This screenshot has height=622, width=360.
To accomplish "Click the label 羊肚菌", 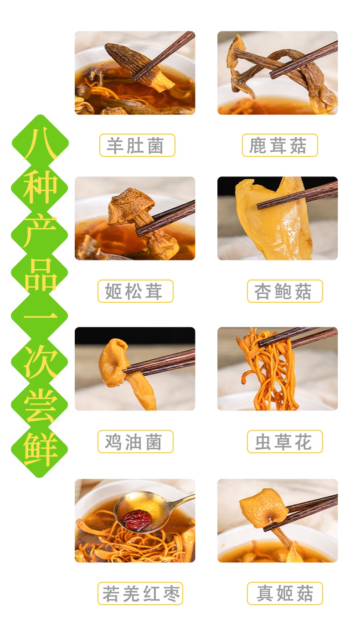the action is [x=137, y=145].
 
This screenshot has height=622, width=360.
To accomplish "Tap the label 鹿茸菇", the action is [x=280, y=145].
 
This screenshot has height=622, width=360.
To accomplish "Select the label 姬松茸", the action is [x=135, y=291].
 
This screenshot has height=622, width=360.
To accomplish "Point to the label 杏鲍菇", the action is [x=285, y=291].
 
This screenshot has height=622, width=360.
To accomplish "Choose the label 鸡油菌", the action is [x=135, y=441].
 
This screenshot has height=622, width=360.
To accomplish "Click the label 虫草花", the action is [x=285, y=441].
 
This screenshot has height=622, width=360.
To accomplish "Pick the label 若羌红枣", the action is [x=140, y=593].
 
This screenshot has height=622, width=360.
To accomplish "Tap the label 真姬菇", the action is [x=285, y=593].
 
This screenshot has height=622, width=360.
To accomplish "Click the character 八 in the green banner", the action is [x=40, y=145].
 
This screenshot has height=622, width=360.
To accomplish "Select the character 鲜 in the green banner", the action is [x=40, y=449].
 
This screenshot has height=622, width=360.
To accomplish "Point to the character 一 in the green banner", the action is [x=40, y=316].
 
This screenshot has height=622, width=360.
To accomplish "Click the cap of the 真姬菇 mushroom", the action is [x=262, y=508].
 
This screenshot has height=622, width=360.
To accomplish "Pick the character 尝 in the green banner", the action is [x=40, y=405].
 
